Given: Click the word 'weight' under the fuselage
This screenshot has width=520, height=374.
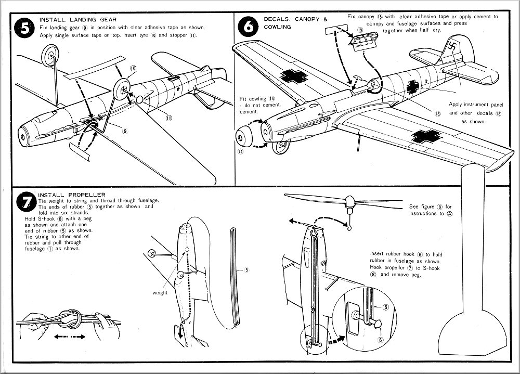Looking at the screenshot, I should coord(160,293).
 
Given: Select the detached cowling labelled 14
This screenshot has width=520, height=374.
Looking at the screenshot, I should coord(246,136).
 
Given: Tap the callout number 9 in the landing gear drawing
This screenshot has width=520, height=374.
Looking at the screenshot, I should coord(125,131).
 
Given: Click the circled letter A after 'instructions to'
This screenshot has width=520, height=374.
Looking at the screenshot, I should coord(449,214).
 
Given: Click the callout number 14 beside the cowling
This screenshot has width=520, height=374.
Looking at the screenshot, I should coord(241,151).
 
